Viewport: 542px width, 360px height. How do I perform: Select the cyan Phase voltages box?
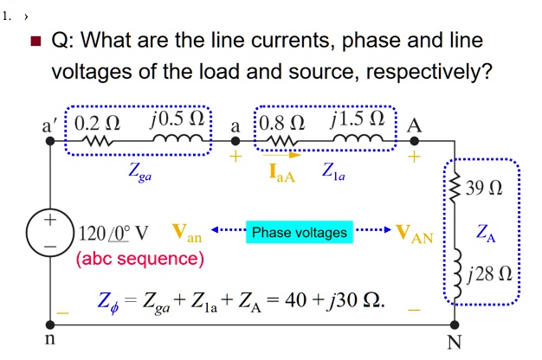click(x=299, y=232)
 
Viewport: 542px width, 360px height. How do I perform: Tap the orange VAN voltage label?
click(x=415, y=233)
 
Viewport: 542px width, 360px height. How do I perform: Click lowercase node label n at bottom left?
click(x=49, y=340)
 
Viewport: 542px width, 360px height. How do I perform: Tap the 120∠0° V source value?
click(x=113, y=234)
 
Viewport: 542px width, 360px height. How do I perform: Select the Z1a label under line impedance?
click(x=333, y=172)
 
